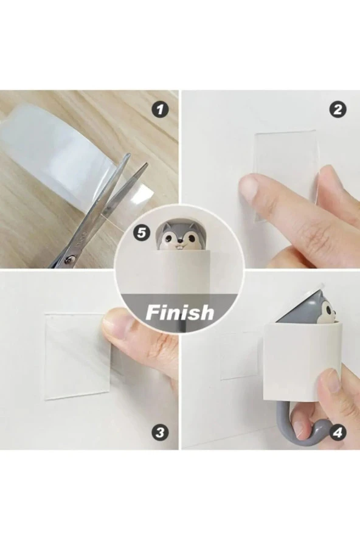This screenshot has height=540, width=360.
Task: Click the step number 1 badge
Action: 160,110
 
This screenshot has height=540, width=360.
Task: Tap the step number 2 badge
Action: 338,110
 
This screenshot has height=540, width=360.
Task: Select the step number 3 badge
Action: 160,432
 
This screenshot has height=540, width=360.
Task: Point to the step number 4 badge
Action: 338,432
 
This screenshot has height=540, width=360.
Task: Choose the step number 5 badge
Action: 142,233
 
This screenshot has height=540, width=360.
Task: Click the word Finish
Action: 179,312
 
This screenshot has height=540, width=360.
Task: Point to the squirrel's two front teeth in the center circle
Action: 180,245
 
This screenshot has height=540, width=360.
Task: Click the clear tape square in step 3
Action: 77,356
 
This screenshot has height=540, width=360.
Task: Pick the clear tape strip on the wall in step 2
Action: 285,176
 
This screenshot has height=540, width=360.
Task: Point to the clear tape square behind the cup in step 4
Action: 242,356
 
